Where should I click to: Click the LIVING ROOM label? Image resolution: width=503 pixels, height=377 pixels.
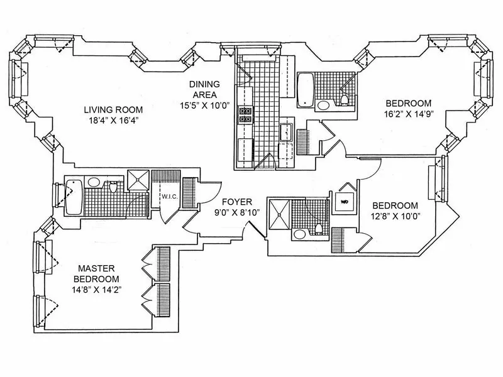click(x=111, y=109)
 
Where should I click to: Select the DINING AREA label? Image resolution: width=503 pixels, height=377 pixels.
click(x=206, y=89)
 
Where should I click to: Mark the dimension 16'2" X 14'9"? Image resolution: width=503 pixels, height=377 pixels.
click(x=409, y=114)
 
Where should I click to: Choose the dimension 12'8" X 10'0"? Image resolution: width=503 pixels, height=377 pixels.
click(x=395, y=216)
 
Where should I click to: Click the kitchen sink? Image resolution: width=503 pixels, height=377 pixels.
click(x=285, y=133)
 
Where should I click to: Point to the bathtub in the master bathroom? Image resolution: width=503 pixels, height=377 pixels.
click(x=74, y=194)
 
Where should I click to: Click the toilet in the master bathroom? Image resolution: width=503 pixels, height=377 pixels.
click(x=114, y=187)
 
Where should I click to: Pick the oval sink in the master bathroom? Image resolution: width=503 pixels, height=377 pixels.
click(x=94, y=182)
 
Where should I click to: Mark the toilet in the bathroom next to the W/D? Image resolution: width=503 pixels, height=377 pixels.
click(x=319, y=227)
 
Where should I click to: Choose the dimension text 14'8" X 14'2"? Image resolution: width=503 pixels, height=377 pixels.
click(x=96, y=290)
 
